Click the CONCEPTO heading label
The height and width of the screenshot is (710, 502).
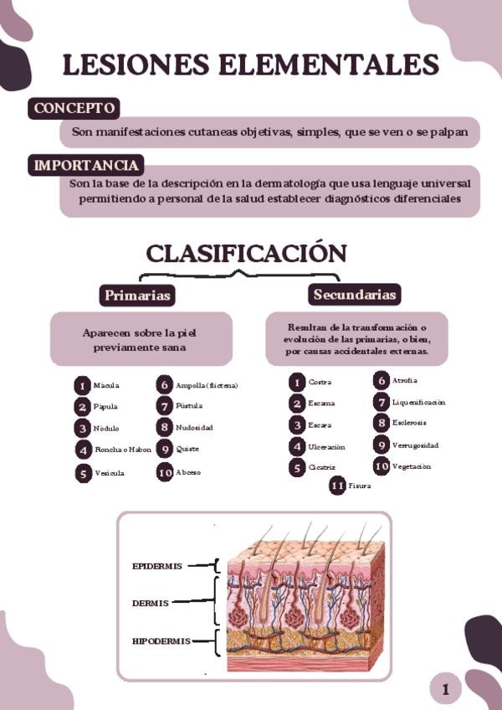74,109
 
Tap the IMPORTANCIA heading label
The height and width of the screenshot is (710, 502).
86,166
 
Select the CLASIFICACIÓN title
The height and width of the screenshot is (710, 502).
246,254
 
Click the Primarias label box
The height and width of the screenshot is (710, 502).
137,296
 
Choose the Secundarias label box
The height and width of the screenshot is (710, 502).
354,295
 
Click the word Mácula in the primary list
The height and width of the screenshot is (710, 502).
106,386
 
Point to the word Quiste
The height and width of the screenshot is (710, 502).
187,450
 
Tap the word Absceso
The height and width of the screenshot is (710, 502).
188,472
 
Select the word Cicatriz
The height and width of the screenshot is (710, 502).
322,468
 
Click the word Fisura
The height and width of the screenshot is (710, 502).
360,486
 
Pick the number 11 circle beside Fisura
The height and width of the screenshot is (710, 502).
337,486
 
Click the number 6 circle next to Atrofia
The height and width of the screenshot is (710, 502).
381,381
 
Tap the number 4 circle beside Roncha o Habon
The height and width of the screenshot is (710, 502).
82,450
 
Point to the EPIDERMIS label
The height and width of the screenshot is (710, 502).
157,566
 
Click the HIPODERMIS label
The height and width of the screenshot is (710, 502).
161,641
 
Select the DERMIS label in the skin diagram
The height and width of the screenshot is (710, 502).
151,603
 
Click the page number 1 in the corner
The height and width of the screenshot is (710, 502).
446,690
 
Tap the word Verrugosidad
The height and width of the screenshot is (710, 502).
415,445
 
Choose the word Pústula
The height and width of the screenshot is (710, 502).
189,406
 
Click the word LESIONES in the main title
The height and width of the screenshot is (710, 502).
135,66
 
